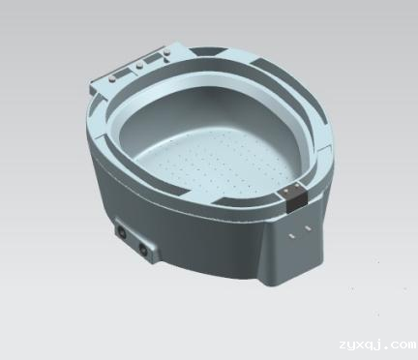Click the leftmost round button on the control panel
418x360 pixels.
tap(113, 78)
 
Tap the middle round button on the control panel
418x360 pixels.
tap(139, 66)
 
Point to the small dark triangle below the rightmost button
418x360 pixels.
tap(167, 58)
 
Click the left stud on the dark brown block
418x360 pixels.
tap(286, 192)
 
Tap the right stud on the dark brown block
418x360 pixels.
tap(297, 185)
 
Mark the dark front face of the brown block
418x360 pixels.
tap(296, 202)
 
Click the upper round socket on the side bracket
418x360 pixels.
tap(122, 232)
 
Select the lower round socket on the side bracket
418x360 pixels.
tap(142, 248)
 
